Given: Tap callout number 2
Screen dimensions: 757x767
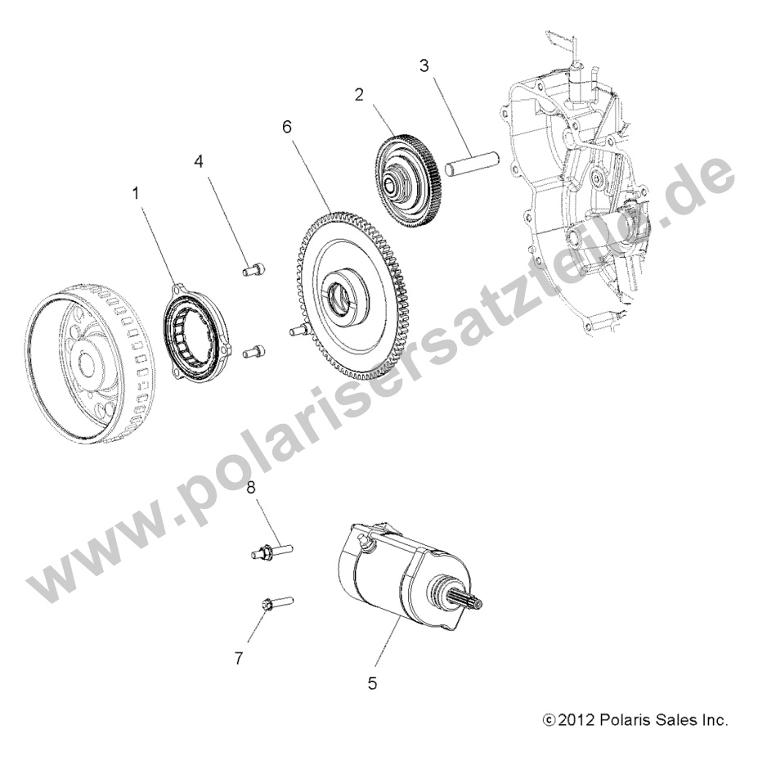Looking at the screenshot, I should (x=358, y=94).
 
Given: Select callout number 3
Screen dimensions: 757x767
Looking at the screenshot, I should (x=423, y=65).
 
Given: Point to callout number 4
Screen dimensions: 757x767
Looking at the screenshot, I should (x=198, y=161).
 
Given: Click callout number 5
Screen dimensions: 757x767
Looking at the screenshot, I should (x=372, y=683).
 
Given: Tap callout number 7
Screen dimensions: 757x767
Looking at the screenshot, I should (x=239, y=657).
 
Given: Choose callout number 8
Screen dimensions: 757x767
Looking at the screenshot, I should (x=252, y=489).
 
